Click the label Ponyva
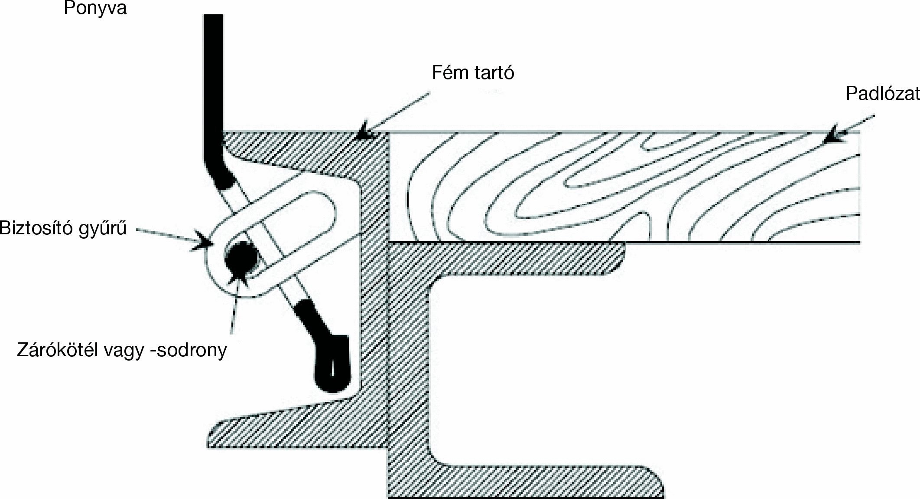95,8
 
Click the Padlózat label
882,94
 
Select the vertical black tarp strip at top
213,87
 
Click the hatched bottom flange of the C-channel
542,482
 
